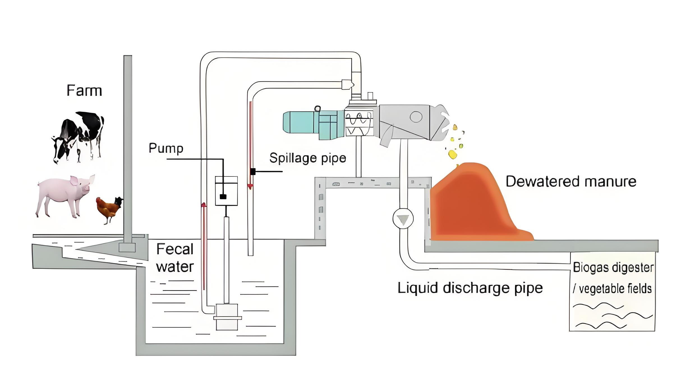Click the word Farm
84,91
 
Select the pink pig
65,195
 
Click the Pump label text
166,148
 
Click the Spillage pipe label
308,158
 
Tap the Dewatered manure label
571,182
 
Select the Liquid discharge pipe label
470,288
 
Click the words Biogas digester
613,267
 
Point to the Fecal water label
175,258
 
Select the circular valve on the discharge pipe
403,219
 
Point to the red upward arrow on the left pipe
204,205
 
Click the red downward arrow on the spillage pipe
250,186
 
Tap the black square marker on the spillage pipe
253,171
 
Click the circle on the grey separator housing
416,117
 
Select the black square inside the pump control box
223,196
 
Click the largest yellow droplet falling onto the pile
452,154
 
